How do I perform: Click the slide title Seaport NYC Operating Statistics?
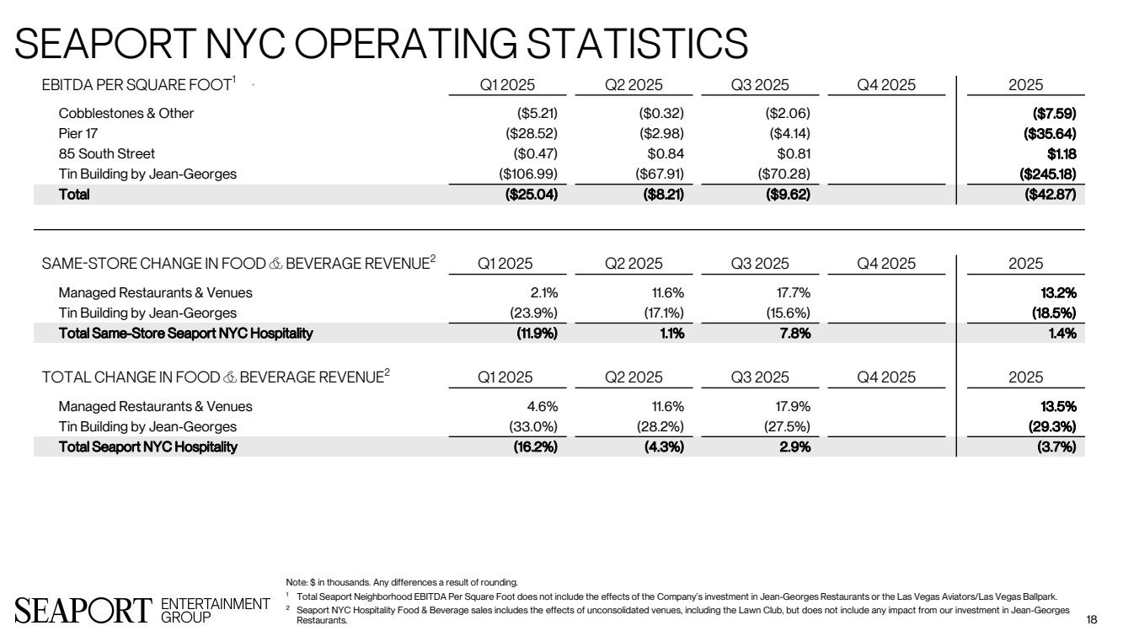[x=382, y=42]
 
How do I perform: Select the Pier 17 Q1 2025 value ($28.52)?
[x=527, y=133]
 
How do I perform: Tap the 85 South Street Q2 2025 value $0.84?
[x=664, y=153]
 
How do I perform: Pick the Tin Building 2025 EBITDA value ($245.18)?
[x=1048, y=174]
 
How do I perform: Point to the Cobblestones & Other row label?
[x=126, y=113]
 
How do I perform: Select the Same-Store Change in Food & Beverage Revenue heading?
[x=238, y=263]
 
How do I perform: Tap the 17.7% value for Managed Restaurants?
[x=793, y=293]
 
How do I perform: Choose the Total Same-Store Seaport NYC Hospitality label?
[x=185, y=333]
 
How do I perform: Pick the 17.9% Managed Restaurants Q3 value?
[x=793, y=406]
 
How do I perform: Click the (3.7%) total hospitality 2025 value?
[x=1057, y=447]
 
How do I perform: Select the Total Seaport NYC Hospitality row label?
[x=147, y=447]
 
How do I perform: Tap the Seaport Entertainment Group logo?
[x=141, y=608]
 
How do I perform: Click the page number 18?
[x=1092, y=619]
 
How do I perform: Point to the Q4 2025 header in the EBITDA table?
[x=886, y=85]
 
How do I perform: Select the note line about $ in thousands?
[x=403, y=581]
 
